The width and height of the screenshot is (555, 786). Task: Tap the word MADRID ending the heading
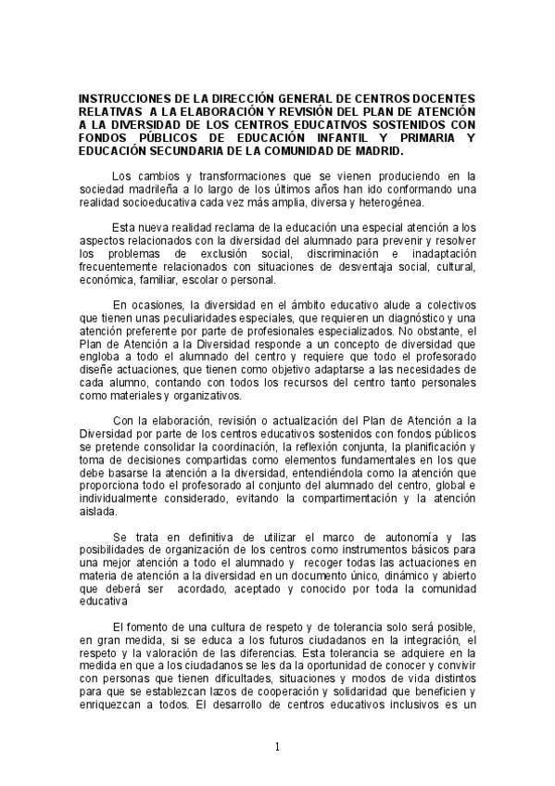coord(376,150)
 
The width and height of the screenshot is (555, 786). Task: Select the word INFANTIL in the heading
coord(327,137)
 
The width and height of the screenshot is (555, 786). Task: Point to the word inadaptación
coord(435,254)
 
